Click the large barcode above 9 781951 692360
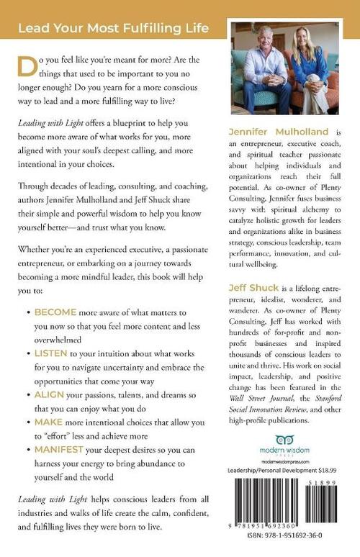pos(274,504)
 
